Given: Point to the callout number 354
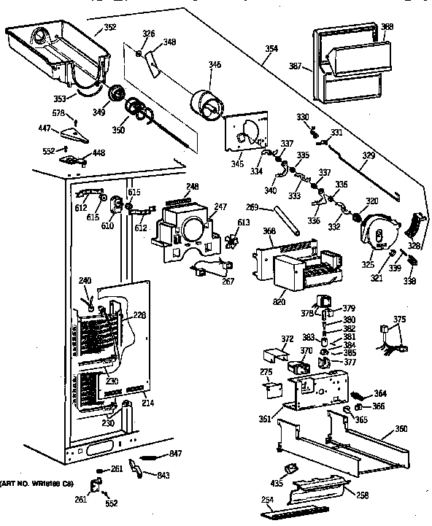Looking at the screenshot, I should point(271,49).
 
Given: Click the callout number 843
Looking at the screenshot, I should point(165,476).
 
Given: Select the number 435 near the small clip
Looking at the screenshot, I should point(277,484).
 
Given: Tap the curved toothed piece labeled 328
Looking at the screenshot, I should point(417,223).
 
